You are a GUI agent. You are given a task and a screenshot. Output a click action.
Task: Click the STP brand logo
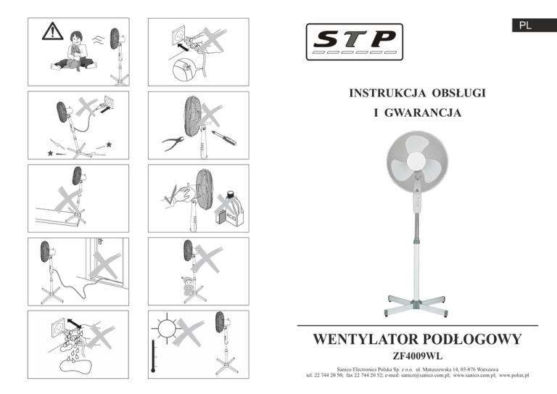[354, 41]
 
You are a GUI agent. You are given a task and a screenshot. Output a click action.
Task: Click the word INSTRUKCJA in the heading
[387, 93]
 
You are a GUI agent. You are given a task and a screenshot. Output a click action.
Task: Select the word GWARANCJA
[423, 112]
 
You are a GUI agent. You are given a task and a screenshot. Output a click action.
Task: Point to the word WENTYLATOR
[366, 339]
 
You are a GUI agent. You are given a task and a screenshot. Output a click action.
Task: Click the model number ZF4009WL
[418, 356]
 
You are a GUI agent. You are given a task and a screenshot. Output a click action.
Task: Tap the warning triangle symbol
[52, 31]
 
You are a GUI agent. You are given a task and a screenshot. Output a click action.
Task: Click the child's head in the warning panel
[76, 38]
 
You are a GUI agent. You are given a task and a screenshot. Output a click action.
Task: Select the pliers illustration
[173, 143]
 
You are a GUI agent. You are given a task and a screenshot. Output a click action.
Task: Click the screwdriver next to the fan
[224, 138]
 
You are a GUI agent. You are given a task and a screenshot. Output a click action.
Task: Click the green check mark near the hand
[170, 195]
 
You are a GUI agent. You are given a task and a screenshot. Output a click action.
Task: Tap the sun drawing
[167, 328]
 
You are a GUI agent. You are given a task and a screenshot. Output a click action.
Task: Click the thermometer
[153, 356]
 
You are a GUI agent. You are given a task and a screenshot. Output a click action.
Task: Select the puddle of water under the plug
[75, 366]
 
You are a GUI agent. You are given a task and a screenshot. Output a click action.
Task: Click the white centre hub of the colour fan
[416, 161]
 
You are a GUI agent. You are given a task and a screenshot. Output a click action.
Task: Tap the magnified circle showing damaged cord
[184, 70]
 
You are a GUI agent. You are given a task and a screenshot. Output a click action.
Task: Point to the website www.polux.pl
[513, 375]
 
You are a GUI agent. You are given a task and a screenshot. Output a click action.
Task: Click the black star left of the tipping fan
[51, 153]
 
